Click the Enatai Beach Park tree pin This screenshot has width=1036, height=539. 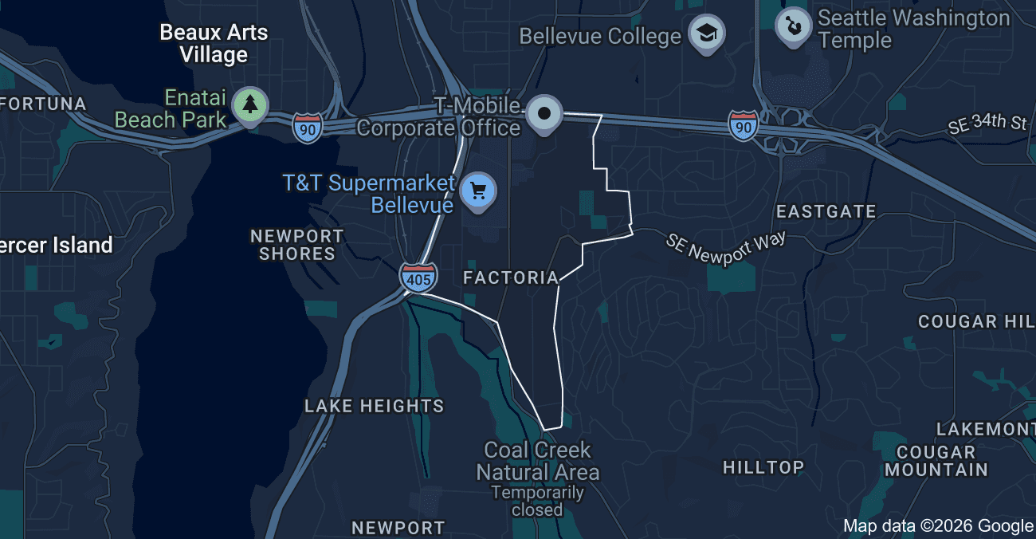[x=251, y=104]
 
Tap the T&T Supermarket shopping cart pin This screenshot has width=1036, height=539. [x=478, y=191]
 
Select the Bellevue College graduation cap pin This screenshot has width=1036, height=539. [x=705, y=34]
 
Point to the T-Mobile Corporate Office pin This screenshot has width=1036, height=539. [x=544, y=113]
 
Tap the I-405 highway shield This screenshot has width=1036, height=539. [x=418, y=277]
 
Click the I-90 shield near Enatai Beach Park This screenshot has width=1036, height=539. [x=307, y=128]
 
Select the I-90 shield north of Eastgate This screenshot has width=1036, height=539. [x=743, y=126]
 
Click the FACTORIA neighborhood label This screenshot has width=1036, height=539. [x=511, y=277]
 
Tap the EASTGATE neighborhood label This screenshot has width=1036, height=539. [x=826, y=211]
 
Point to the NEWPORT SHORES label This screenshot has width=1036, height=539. [x=296, y=245]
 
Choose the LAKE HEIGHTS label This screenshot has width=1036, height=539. [x=374, y=406]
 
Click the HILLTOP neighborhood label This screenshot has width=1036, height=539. [x=763, y=467]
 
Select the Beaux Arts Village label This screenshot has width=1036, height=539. [x=214, y=44]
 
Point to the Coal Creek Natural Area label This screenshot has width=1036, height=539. [x=537, y=461]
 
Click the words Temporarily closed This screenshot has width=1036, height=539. [x=537, y=501]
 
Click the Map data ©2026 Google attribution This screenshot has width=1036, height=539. [x=938, y=525]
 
